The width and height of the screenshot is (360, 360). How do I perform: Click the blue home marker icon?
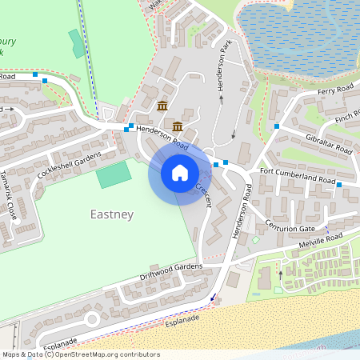point(180,172)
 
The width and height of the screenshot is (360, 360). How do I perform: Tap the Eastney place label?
point(112,214)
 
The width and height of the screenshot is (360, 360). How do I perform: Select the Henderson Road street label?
point(162,138)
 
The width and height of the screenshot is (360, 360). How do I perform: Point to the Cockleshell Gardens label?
point(70,164)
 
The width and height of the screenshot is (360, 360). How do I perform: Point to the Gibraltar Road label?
point(329,144)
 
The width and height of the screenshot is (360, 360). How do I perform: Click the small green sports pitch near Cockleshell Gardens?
point(113,174)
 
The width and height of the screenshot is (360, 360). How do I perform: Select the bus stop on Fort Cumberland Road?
point(339,185)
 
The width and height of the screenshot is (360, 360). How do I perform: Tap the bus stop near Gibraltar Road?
point(276,126)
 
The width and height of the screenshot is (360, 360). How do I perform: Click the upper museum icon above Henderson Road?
point(162,106)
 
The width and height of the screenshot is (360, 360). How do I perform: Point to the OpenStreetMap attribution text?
point(80,354)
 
